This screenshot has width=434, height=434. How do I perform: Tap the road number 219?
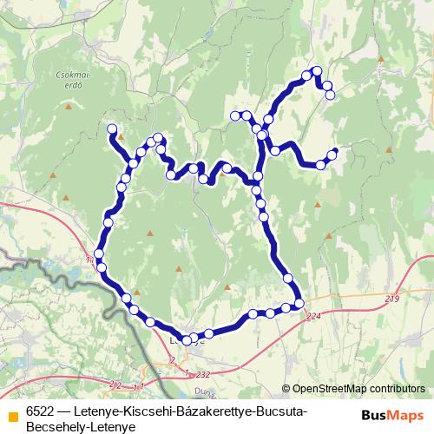[391, 299]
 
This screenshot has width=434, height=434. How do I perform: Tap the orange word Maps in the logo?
[406, 415]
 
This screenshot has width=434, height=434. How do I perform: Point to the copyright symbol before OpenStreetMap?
[287, 390]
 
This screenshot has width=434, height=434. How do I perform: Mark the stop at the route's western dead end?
[112, 129]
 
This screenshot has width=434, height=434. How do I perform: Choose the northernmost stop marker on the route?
[316, 70]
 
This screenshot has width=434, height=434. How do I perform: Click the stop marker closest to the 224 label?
[299, 303]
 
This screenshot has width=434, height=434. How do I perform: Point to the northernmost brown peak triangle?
[380, 59]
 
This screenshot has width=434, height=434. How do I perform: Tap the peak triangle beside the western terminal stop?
[122, 136]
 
